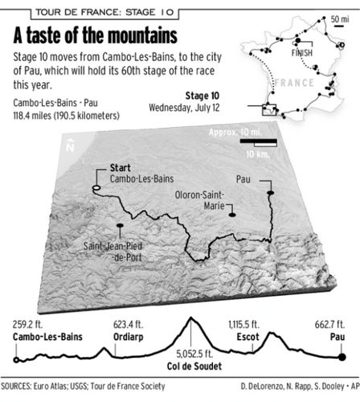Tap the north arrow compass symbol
(71, 147)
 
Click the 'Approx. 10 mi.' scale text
(238, 131)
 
